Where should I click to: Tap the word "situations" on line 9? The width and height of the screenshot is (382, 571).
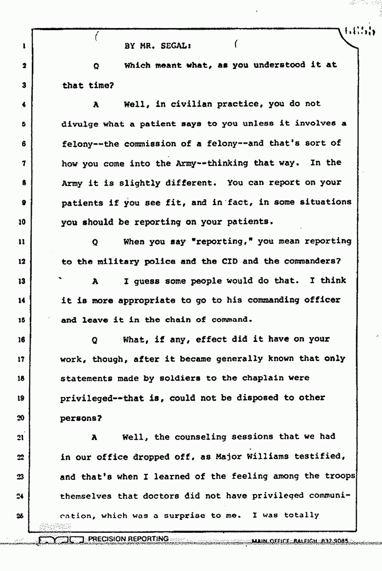(325, 202)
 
